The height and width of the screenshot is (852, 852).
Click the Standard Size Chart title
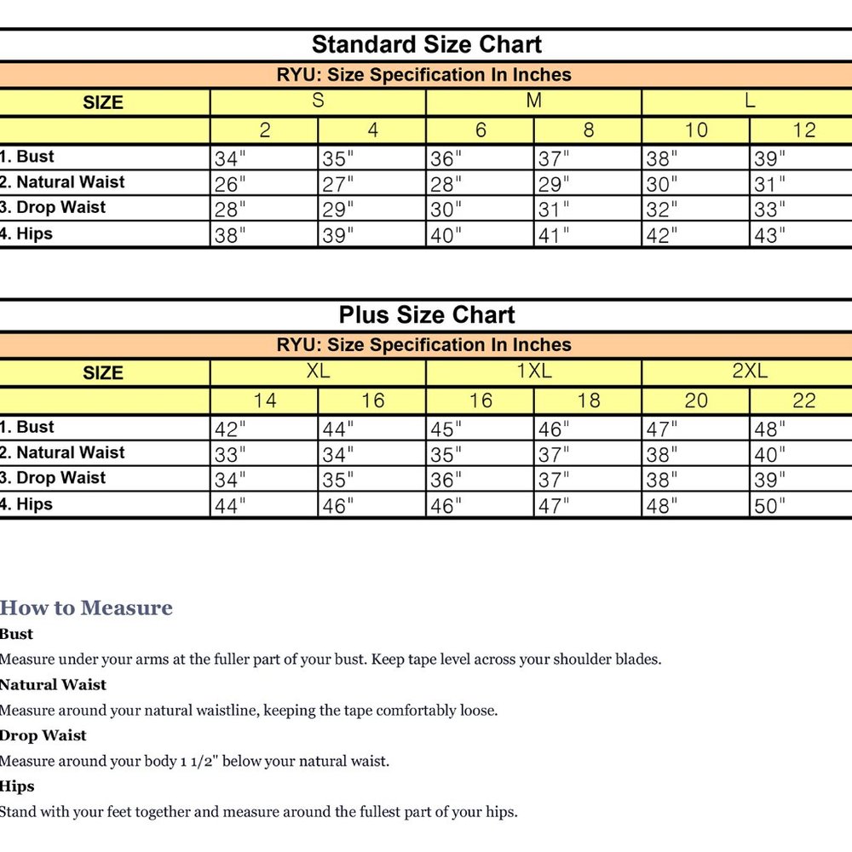pos(426,44)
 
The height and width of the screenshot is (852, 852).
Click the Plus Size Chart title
pos(426,315)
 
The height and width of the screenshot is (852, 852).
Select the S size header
pos(318,101)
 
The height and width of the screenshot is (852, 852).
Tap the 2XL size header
pos(750,371)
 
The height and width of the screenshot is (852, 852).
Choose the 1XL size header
pos(534,371)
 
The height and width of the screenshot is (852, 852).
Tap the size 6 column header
pos(481,130)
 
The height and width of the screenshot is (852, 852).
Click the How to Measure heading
pos(86,607)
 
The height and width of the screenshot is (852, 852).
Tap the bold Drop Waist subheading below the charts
pos(43,735)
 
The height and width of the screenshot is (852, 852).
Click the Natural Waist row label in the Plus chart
pos(64,452)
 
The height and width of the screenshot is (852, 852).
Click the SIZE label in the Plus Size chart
pos(103,372)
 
